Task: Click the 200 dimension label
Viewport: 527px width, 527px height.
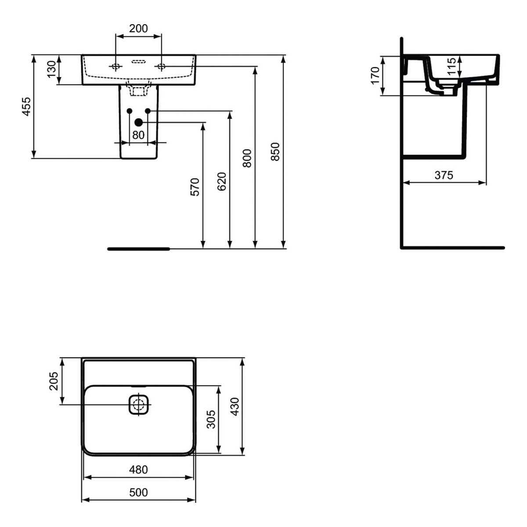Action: (x=138, y=28)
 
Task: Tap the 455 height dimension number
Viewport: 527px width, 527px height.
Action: (x=27, y=107)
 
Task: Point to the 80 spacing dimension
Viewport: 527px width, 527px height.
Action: (x=138, y=135)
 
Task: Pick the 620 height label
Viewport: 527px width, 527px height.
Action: (x=222, y=181)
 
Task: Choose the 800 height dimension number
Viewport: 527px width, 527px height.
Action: (x=247, y=159)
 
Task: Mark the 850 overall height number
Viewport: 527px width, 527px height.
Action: (x=275, y=152)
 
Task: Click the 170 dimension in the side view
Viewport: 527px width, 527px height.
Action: (x=375, y=76)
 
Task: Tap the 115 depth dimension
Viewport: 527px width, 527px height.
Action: (x=452, y=66)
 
